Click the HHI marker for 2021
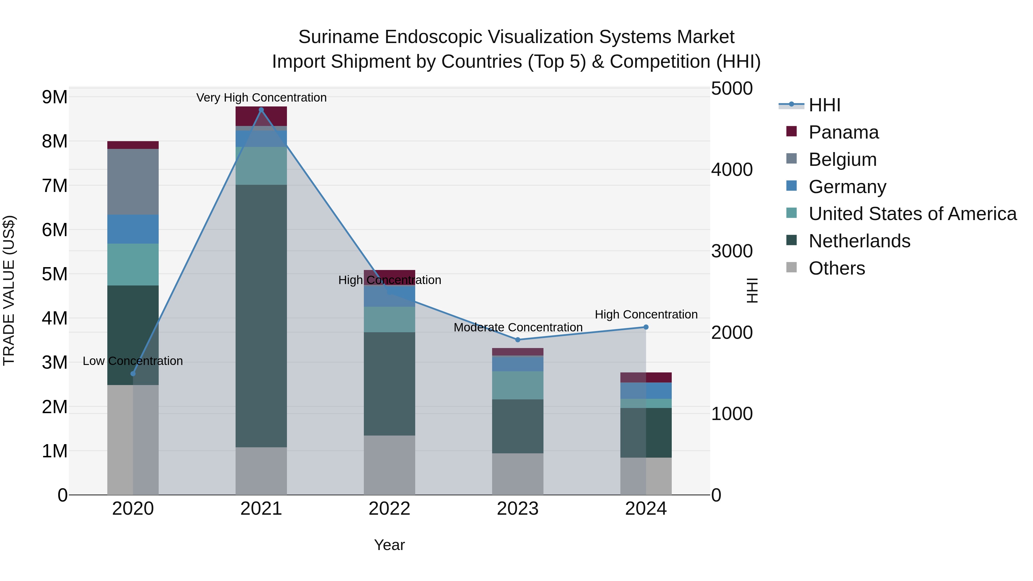261,110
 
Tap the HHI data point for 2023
517,340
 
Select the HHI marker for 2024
646,327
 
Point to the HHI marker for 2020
133,374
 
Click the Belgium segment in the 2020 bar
133,182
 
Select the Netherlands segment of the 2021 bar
261,316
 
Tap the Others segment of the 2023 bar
517,474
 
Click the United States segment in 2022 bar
389,320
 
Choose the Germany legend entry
847,187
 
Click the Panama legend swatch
792,131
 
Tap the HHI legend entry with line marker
792,105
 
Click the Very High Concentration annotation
261,98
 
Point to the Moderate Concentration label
518,327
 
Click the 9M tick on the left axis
55,97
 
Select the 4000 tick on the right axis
732,170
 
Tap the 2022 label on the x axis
389,509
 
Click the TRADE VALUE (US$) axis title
9,290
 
